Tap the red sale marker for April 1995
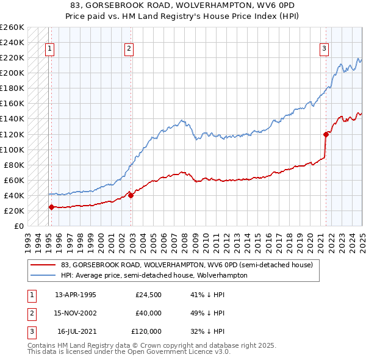point(51,207)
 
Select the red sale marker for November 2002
point(131,195)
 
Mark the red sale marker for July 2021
point(326,134)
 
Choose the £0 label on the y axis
point(18,226)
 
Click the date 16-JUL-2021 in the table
point(76,331)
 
